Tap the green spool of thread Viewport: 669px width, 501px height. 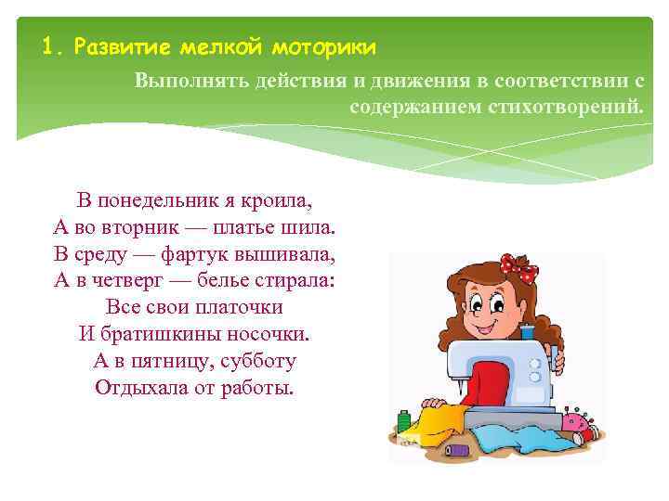pos(403,422)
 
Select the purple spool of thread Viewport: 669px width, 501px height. pos(456,450)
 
